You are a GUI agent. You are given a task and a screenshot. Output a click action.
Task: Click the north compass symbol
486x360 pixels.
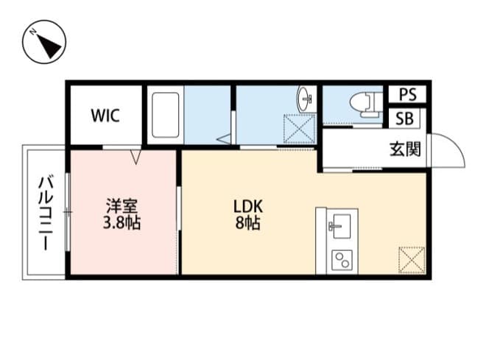click(x=44, y=44)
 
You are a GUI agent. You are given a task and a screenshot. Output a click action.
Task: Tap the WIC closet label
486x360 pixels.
click(x=105, y=116)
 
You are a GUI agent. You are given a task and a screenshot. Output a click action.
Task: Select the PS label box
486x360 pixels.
click(x=407, y=95)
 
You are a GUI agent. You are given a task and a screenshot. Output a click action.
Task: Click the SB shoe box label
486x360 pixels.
click(x=405, y=119)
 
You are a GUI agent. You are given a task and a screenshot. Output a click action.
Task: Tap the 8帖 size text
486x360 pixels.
click(x=247, y=223)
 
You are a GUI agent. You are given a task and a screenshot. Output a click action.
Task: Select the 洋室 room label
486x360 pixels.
click(x=120, y=206)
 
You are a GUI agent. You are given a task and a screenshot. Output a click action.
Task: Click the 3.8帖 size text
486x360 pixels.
click(x=120, y=223)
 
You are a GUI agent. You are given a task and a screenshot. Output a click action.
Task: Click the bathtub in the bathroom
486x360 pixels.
click(x=166, y=116)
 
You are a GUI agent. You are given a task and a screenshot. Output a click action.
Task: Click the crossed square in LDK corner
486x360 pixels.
click(x=412, y=259)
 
